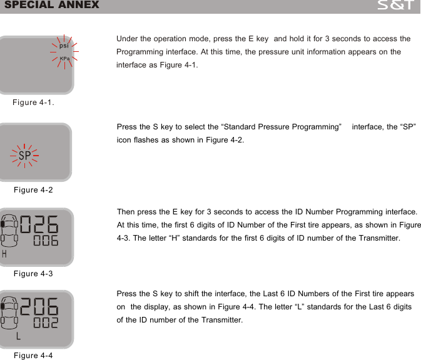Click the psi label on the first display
[x=64, y=46]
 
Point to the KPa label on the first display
[x=64, y=58]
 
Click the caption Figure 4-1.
[x=34, y=102]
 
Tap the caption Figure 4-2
[x=33, y=189]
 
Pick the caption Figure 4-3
[x=33, y=274]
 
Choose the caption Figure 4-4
[x=33, y=355]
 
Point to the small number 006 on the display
[x=46, y=241]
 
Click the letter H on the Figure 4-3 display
[x=5, y=254]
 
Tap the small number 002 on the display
[x=46, y=323]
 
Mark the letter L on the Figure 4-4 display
[x=19, y=336]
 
